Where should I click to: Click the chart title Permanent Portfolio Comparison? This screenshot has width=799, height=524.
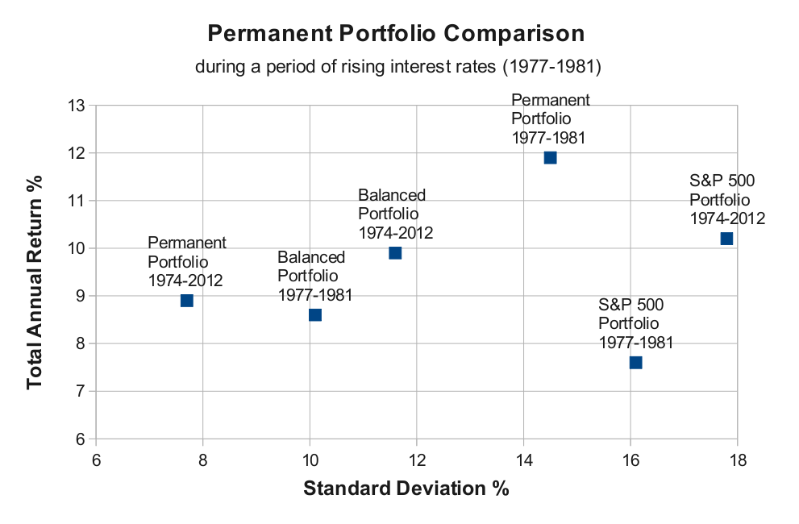[395, 34]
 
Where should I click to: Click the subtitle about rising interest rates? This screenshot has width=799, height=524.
[398, 67]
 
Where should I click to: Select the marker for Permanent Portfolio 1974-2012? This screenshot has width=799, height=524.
[187, 301]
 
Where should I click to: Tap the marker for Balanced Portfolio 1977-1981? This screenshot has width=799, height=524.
[315, 314]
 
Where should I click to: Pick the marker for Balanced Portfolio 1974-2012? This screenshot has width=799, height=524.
[395, 253]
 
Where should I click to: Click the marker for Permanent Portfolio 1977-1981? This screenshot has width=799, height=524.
[551, 157]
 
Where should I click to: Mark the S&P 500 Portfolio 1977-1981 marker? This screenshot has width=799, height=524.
[635, 363]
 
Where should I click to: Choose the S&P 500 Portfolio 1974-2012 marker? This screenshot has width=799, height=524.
[726, 239]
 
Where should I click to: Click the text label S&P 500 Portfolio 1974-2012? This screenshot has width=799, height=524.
[726, 199]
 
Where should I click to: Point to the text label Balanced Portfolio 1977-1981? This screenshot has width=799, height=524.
[315, 276]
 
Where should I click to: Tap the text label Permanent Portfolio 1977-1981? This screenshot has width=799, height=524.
[551, 119]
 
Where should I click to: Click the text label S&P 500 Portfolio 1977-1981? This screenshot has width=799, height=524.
[635, 323]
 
